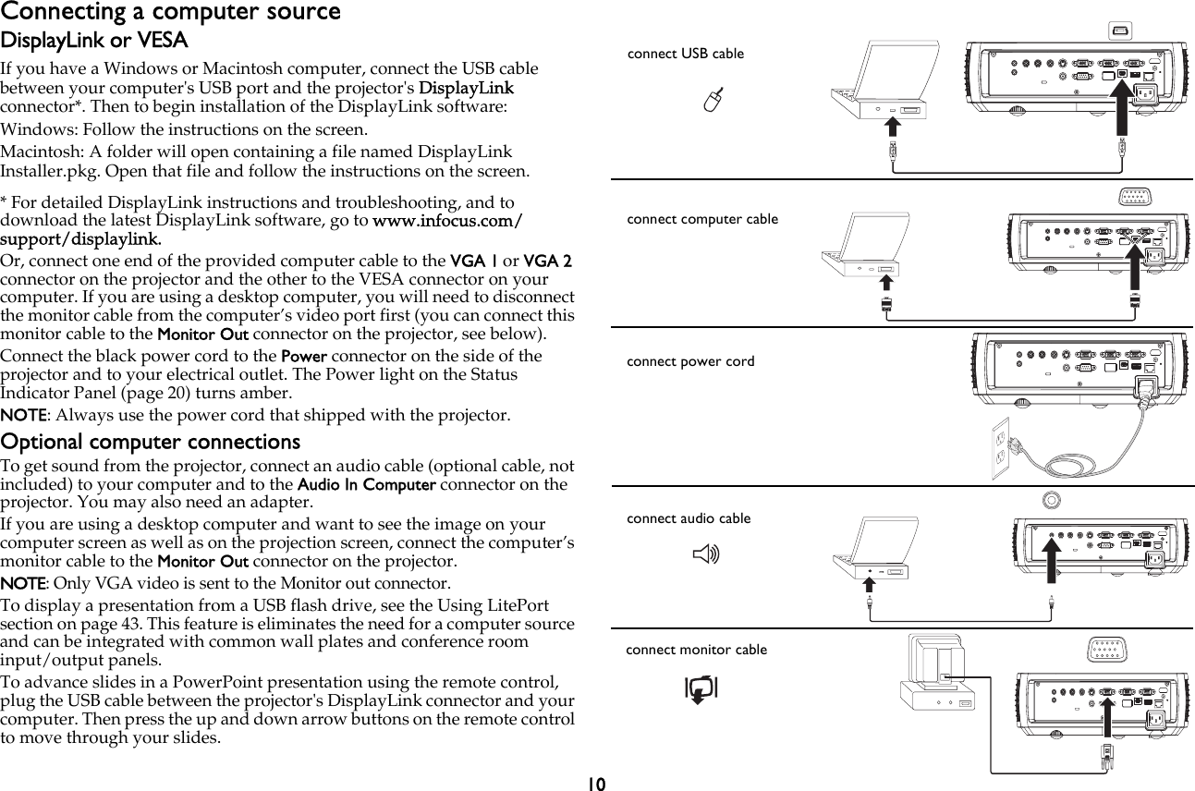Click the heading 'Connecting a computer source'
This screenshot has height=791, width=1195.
coord(170,12)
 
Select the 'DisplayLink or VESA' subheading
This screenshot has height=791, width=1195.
coord(93,42)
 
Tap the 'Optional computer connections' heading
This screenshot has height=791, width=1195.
coord(151,442)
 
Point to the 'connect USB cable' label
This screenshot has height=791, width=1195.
coord(685,54)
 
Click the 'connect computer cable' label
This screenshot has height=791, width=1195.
coord(702,219)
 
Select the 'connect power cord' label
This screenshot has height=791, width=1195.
coord(690,361)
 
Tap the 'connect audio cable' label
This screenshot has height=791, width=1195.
coord(689,518)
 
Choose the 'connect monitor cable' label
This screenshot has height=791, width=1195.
coord(696,650)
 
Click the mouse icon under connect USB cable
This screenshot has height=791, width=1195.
coord(711,103)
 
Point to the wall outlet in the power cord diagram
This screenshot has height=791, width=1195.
coord(1000,449)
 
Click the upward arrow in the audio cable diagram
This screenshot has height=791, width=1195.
coord(1051,564)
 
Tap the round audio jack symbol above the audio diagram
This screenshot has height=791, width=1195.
coord(1050,500)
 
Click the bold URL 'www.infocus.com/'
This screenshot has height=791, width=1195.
coord(447,222)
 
